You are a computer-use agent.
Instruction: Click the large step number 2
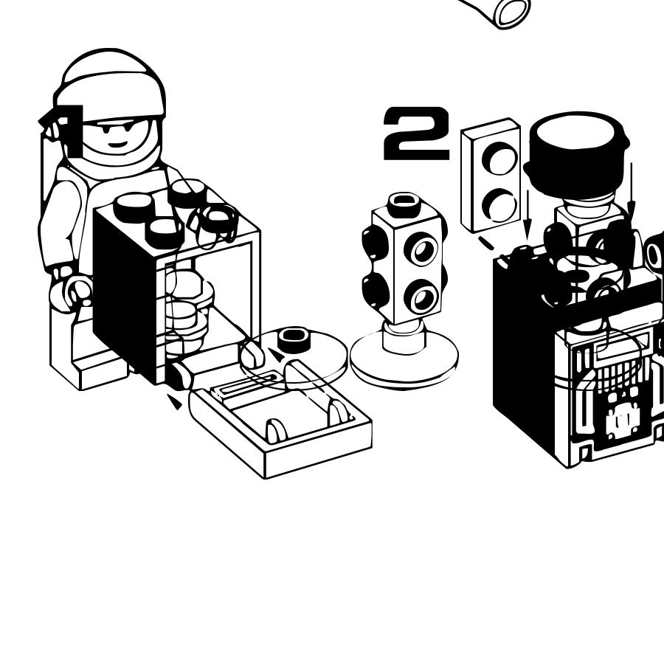coord(416,134)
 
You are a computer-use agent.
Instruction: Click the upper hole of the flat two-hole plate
coord(499,158)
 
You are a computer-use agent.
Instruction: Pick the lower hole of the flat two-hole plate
coord(500,204)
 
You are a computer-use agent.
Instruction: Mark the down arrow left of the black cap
coord(527,215)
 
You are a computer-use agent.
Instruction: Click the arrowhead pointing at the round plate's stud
coord(274,356)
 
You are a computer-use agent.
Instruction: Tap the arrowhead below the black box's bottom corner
coord(174,402)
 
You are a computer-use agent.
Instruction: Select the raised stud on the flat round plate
coord(292,339)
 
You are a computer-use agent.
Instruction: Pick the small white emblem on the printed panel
coord(622,421)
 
